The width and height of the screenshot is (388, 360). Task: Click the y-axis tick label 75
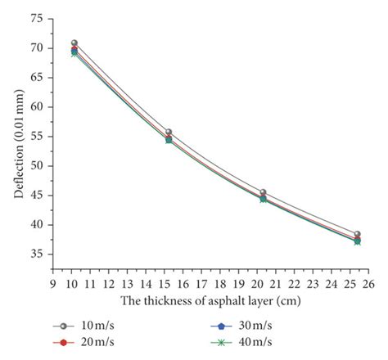[x=37, y=18]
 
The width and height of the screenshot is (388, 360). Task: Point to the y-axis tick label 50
[x=37, y=166]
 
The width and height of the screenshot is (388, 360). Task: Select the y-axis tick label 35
[x=37, y=254]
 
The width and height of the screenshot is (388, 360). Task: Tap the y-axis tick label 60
[x=37, y=107]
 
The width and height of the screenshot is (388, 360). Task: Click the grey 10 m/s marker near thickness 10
[x=74, y=43]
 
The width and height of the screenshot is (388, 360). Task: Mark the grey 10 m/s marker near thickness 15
[x=169, y=132]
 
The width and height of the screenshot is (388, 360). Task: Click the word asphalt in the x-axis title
[x=231, y=301]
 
